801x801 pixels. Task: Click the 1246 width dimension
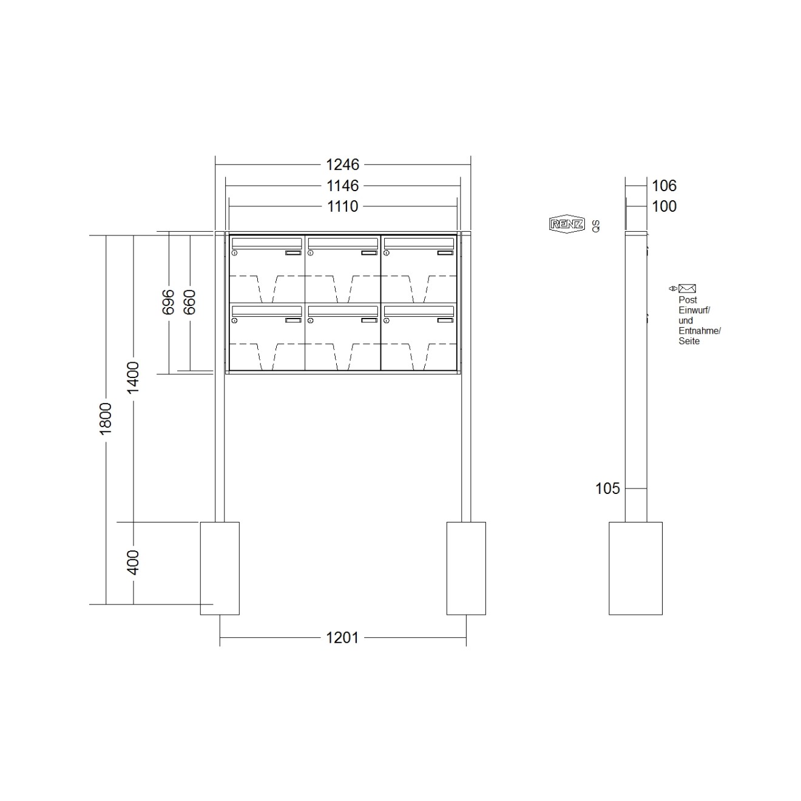(342, 164)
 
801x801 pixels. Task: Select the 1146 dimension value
(342, 186)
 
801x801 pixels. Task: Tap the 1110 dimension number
(342, 206)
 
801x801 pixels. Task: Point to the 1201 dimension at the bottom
(342, 637)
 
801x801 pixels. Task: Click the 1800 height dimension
(106, 419)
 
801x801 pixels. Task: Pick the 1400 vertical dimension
(133, 377)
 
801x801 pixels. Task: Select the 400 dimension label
(133, 563)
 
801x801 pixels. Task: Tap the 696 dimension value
(168, 302)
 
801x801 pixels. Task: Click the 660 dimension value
(189, 302)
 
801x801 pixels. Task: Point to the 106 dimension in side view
(664, 186)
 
